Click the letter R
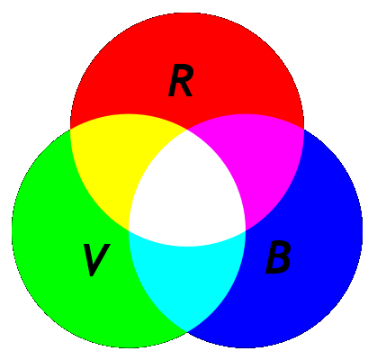coord(181,81)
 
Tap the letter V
coord(96,260)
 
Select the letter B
coord(278,257)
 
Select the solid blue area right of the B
coord(324,258)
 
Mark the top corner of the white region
coord(187,130)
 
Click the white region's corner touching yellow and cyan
coord(129,230)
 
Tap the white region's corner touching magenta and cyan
coord(246,230)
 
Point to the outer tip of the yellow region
coord(70,130)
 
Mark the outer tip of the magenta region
coord(304,130)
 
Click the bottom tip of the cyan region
coord(187,331)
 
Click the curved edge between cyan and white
coord(187,247)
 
